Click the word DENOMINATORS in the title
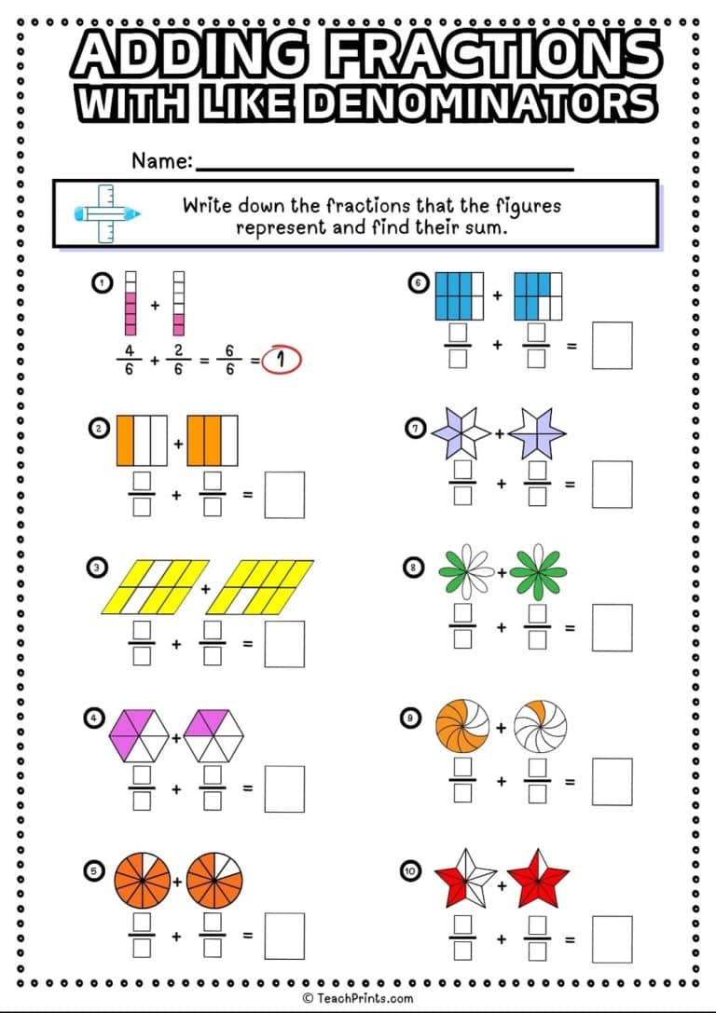481,103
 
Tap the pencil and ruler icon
106,213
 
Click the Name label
161,161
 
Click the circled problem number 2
97,429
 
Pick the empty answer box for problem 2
283,495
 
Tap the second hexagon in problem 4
213,736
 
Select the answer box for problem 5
283,935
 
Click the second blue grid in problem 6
538,295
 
